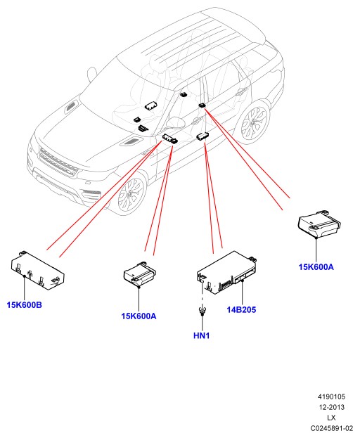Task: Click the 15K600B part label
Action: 25,304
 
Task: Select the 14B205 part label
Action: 241,309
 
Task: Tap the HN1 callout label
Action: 201,335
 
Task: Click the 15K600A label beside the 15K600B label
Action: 139,316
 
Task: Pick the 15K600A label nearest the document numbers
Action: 316,267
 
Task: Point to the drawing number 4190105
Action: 331,397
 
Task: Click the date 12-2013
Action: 331,407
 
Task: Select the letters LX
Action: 331,418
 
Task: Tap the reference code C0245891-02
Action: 331,428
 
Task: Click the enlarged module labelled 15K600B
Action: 38,271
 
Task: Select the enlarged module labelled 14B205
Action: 227,272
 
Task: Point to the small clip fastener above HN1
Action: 201,310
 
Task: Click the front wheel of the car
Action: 131,194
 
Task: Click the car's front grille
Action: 58,162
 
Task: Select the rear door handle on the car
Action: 240,90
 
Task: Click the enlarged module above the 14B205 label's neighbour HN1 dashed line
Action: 227,272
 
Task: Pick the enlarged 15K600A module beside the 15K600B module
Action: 140,274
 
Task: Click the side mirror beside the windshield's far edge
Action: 91,75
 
